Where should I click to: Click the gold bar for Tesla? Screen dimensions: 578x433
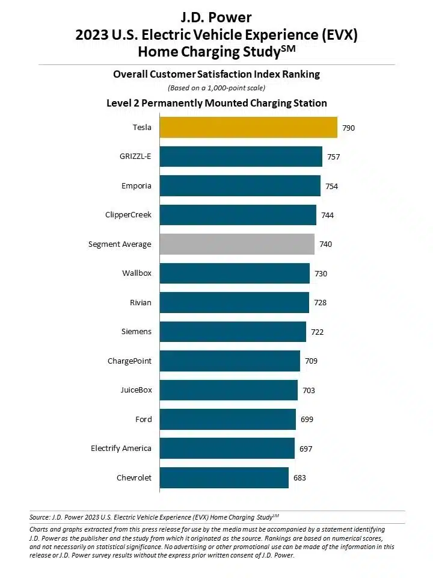248,128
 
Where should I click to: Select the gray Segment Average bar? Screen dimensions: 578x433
237,244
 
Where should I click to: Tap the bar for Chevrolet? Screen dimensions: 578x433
224,478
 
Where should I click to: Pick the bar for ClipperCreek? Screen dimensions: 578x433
238,215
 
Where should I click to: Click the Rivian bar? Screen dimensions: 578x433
234,302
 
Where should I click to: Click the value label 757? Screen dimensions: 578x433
334,157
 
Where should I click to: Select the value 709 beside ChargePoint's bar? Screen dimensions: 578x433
311,361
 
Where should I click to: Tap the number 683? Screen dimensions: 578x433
299,478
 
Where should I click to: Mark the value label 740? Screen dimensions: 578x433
325,244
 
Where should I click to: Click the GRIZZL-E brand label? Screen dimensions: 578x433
135,157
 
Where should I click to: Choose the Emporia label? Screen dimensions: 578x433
137,186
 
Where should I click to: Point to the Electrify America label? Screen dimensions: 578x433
121,449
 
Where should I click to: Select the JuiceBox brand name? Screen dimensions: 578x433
136,390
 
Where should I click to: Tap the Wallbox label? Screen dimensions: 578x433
137,273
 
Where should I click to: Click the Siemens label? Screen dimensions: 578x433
137,332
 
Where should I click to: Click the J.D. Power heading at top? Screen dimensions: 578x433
216,17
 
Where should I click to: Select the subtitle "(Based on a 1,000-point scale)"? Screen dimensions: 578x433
216,88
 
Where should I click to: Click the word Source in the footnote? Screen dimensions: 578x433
40,517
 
